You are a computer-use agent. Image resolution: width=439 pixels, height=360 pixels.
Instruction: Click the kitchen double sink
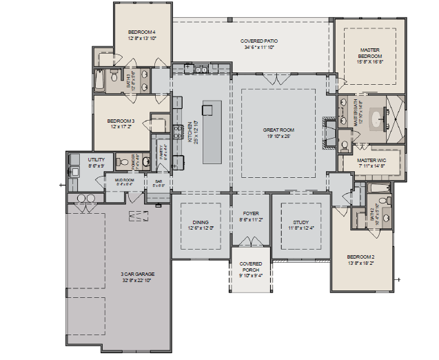pos(201,69)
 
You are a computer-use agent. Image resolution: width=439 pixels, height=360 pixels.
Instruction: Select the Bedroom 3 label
pos(121,124)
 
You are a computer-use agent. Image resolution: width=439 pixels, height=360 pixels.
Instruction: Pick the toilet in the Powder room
pos(145,163)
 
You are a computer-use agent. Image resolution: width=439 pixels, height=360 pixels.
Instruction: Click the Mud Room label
pos(124,182)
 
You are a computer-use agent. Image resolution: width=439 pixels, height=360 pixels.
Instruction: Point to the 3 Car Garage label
pos(137,277)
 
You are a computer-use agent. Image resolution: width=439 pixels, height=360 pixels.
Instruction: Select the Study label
pos(300,226)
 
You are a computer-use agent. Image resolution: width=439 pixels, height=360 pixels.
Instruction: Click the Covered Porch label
pos(250,268)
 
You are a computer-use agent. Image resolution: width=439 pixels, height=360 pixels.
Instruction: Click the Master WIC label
pos(372,163)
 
